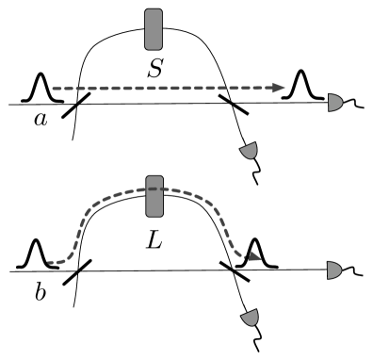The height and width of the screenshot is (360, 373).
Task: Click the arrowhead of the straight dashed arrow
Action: tap(280, 88)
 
